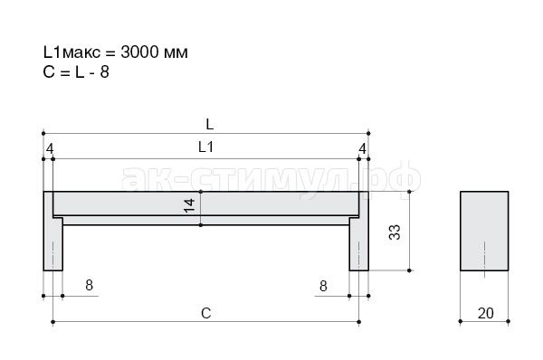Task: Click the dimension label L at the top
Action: [x=210, y=124]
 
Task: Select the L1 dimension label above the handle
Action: [x=205, y=147]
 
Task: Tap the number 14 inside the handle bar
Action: [x=190, y=205]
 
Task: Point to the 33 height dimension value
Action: [x=395, y=232]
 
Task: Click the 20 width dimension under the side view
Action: [x=485, y=313]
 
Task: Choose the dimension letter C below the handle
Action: [x=206, y=313]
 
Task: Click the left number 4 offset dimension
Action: [x=50, y=149]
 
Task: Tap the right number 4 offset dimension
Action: [x=362, y=149]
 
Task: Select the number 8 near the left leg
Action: [x=89, y=285]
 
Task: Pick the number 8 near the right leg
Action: [x=323, y=286]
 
